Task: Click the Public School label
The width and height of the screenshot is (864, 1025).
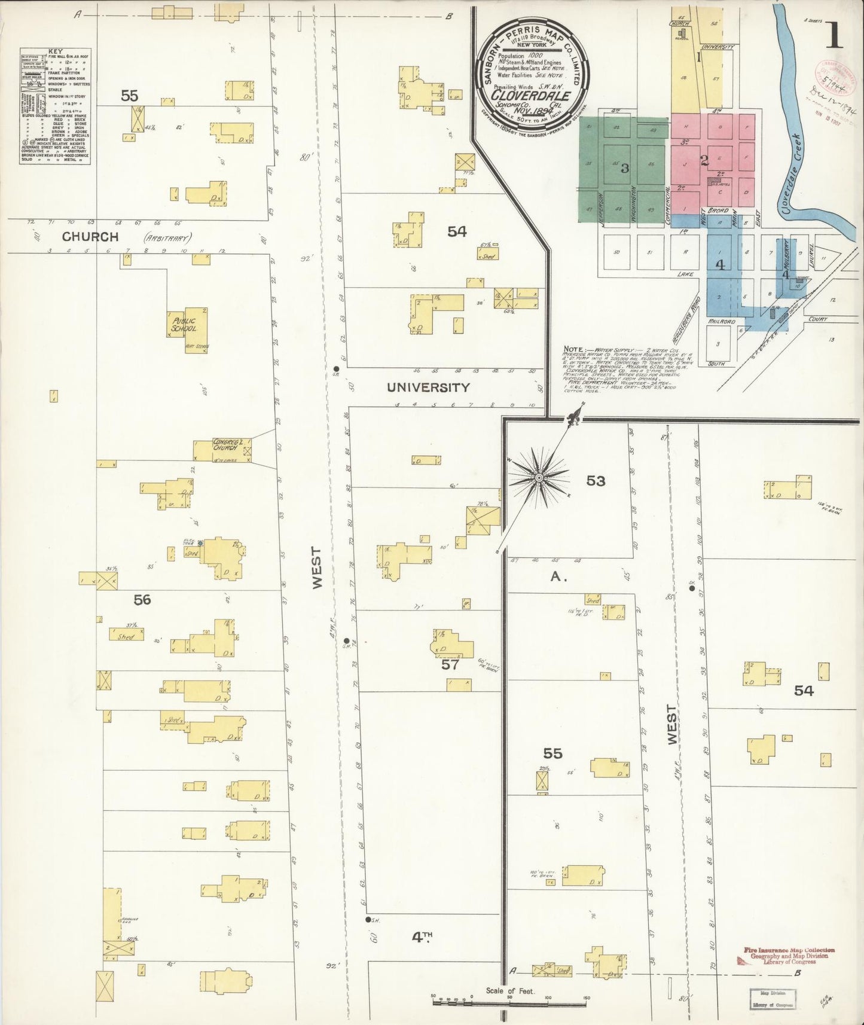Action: (x=184, y=325)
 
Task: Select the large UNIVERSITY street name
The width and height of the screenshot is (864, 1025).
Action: (x=428, y=388)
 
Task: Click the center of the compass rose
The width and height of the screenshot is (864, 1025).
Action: (x=539, y=478)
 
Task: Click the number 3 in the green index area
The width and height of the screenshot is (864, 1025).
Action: (x=625, y=169)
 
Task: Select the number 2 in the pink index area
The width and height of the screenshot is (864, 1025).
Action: (x=704, y=160)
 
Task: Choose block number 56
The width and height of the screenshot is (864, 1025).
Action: (x=142, y=600)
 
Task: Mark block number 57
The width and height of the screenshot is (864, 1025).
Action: (x=450, y=664)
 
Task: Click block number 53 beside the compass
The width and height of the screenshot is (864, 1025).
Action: (x=596, y=481)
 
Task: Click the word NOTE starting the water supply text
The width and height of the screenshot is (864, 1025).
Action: (x=575, y=350)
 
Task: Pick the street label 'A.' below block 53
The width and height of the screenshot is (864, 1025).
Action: (x=558, y=577)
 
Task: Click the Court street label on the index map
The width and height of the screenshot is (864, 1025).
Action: (x=818, y=319)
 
